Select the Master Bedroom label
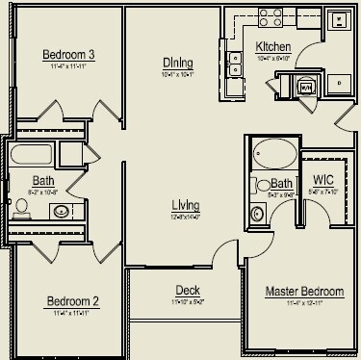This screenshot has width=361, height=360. click(303, 291)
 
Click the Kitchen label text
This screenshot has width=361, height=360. click(272, 46)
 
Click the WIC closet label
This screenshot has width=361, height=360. click(323, 180)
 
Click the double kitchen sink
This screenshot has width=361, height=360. click(234, 63)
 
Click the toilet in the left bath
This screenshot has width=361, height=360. click(21, 204)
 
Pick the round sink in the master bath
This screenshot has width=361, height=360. click(257, 213)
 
